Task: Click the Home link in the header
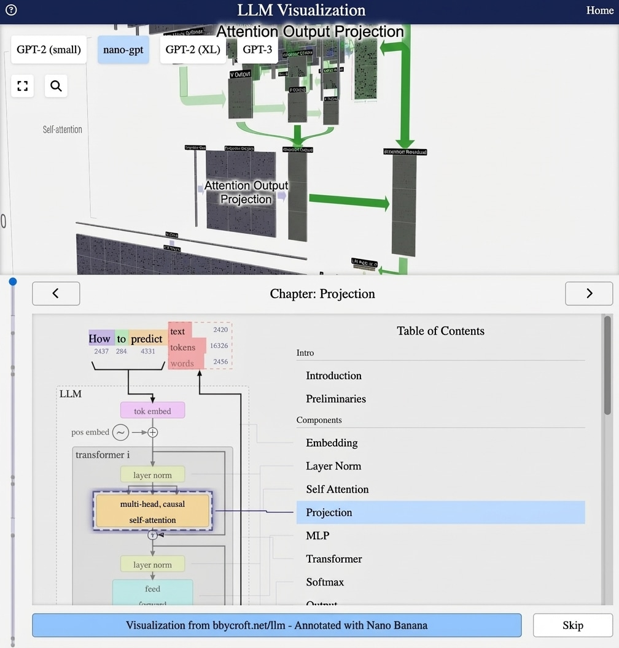pyautogui.click(x=599, y=10)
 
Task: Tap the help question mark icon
pyautogui.click(x=10, y=10)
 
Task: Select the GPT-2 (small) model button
pyautogui.click(x=49, y=50)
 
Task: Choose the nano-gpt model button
pyautogui.click(x=123, y=50)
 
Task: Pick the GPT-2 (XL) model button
pyautogui.click(x=192, y=50)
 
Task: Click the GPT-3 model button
pyautogui.click(x=257, y=50)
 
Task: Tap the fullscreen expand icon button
pyautogui.click(x=23, y=86)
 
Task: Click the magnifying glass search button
pyautogui.click(x=56, y=86)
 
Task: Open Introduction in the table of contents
pyautogui.click(x=333, y=376)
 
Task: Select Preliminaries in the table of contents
pyautogui.click(x=336, y=399)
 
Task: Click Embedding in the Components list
pyautogui.click(x=332, y=443)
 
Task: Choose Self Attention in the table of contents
pyautogui.click(x=337, y=490)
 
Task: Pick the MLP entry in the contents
pyautogui.click(x=317, y=536)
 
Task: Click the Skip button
pyautogui.click(x=572, y=625)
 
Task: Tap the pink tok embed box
pyautogui.click(x=152, y=411)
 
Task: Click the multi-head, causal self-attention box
pyautogui.click(x=152, y=512)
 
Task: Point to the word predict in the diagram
pyautogui.click(x=147, y=339)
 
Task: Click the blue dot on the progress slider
pyautogui.click(x=12, y=282)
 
